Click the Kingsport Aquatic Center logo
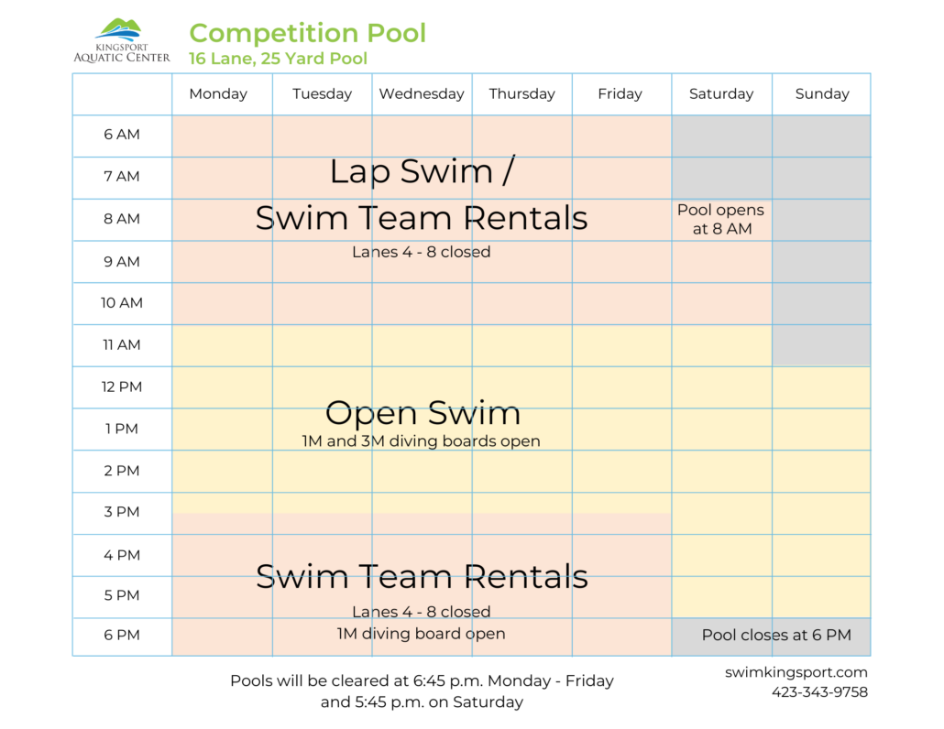coord(121,41)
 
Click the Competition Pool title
coord(307,33)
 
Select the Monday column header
coord(218,93)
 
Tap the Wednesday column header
coord(422,93)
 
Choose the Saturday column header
coord(721,93)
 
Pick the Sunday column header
coord(822,93)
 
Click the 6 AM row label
coord(122,135)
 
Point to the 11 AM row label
coord(122,345)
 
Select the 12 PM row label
coord(122,386)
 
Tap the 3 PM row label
coord(122,512)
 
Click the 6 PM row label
coord(122,636)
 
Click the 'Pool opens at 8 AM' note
coord(720,220)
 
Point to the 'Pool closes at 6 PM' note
coord(776,636)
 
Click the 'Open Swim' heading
coord(423,413)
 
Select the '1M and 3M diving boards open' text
coord(421,441)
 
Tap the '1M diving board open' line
coord(421,634)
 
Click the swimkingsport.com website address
coord(796,672)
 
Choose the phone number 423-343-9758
coord(819,692)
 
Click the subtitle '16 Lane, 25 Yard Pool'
coord(278,59)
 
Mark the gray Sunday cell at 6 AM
coord(821,136)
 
